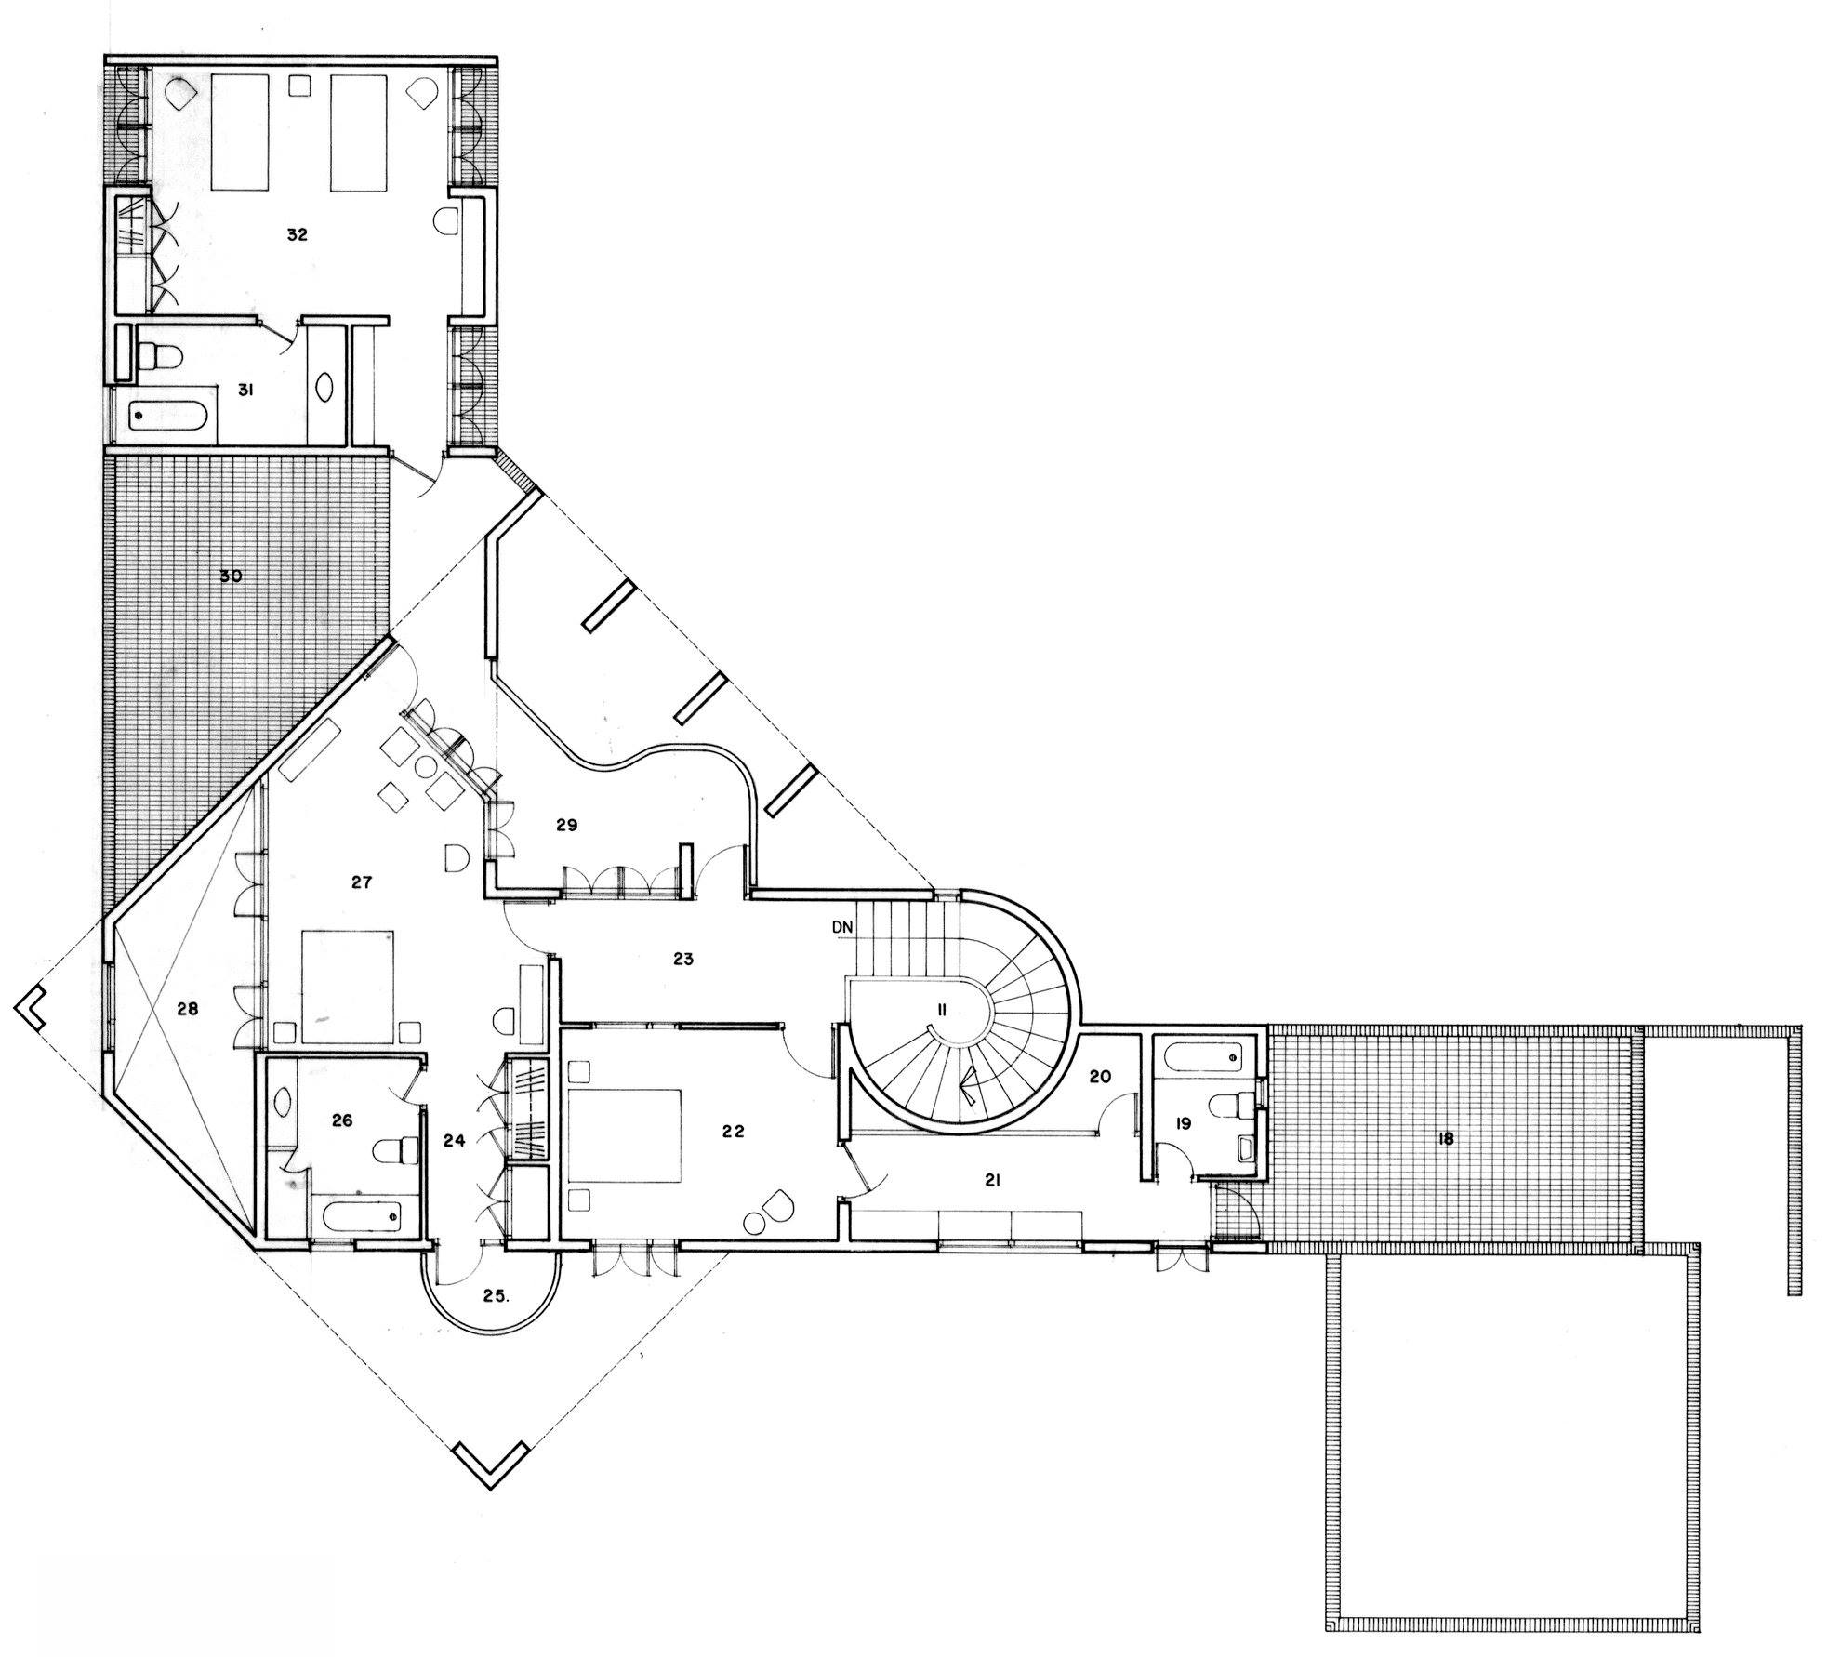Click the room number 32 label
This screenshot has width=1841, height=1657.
point(296,234)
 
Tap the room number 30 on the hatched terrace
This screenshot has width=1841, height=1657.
point(230,576)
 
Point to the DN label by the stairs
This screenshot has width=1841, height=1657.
point(842,926)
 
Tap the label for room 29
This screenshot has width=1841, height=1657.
point(567,824)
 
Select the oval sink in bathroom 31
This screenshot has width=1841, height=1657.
point(327,386)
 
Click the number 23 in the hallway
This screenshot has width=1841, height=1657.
point(683,958)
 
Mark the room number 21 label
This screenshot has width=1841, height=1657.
point(992,1180)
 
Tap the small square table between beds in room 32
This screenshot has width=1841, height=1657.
point(299,86)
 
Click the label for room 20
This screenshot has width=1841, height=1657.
point(1100,1077)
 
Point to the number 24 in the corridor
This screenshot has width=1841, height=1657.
point(454,1140)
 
